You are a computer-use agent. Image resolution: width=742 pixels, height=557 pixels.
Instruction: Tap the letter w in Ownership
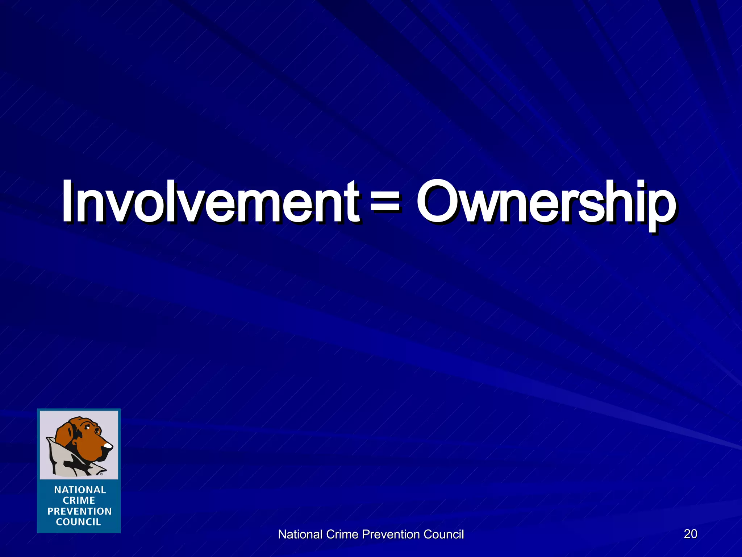click(x=478, y=207)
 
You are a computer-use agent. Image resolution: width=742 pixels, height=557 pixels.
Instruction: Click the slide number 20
click(x=690, y=533)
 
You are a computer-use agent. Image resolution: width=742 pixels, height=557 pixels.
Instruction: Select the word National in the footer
click(x=300, y=534)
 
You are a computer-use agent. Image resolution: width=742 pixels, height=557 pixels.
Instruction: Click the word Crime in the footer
click(x=342, y=534)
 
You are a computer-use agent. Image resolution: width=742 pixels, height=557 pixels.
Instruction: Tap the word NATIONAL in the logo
click(x=80, y=490)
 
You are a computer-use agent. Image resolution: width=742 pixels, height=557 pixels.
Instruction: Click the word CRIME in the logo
click(x=79, y=500)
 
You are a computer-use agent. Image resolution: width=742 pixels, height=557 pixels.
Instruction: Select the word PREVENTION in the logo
click(x=80, y=511)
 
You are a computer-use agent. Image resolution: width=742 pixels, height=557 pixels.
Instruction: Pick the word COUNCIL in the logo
click(x=79, y=522)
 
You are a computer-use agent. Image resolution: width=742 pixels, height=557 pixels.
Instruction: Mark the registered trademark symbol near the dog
click(x=101, y=474)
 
